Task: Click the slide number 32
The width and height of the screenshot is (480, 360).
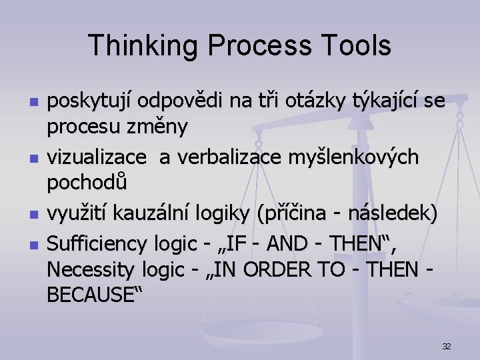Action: pos(447,346)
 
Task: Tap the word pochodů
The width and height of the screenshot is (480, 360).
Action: pos(87,181)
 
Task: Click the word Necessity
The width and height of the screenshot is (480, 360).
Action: pos(92,270)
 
